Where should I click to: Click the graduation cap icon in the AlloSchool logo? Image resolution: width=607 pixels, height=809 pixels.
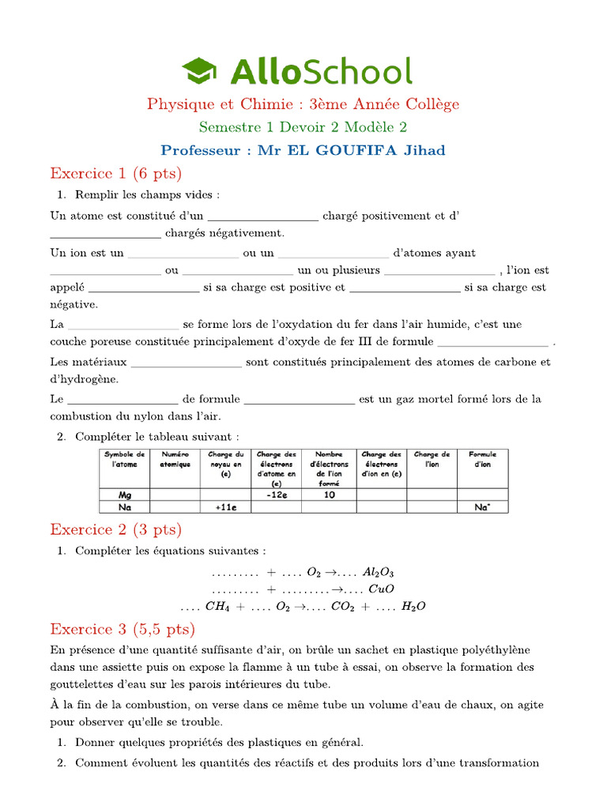click(202, 71)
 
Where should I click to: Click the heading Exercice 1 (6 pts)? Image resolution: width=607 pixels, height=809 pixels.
click(115, 173)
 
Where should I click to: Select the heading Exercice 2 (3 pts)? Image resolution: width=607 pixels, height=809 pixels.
click(115, 529)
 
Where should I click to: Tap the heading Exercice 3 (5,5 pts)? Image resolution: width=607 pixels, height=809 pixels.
click(123, 629)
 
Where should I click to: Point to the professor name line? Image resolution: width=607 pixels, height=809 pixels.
click(303, 150)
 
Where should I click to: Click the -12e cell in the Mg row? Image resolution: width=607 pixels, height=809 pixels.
click(276, 495)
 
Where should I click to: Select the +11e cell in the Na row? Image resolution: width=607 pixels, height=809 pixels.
click(226, 507)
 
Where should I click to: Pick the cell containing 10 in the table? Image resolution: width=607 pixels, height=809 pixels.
click(328, 495)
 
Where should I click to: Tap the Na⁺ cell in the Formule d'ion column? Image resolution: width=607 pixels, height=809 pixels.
click(482, 507)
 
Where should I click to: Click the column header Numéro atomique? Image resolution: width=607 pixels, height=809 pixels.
click(175, 460)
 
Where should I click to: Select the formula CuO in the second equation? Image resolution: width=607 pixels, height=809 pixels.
click(381, 589)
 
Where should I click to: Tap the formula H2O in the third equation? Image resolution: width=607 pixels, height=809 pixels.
click(413, 607)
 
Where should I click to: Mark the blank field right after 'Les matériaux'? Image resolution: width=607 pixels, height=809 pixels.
click(186, 363)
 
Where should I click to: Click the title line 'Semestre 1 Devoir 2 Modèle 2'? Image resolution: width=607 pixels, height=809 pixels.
click(303, 127)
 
